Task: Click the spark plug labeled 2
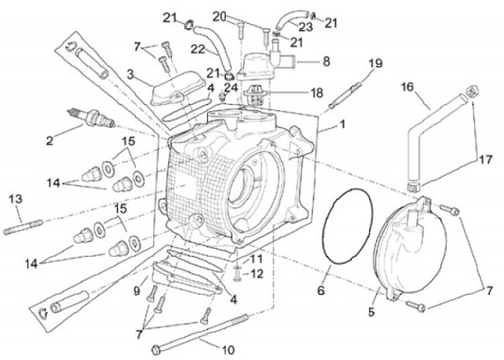[x=91, y=118]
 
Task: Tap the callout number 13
[x=15, y=199]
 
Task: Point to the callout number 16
[x=407, y=87]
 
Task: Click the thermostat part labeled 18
[x=254, y=92]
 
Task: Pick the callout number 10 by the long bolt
[x=228, y=349]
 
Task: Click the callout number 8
[x=326, y=61]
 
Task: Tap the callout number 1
[x=342, y=124]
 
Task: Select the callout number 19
[x=375, y=63]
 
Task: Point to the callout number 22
[x=198, y=50]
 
